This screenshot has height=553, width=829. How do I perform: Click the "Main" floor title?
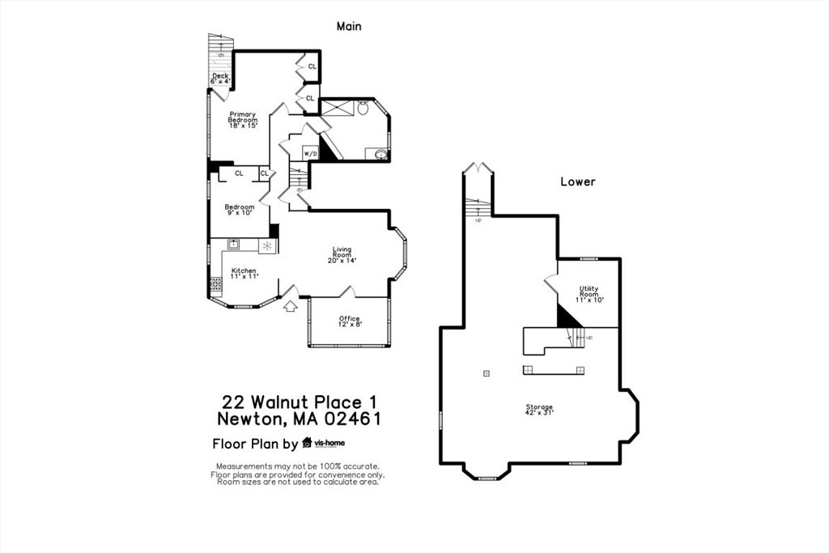[x=349, y=26]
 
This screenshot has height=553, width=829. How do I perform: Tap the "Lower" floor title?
[x=578, y=181]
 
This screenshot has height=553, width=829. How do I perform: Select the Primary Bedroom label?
[x=242, y=119]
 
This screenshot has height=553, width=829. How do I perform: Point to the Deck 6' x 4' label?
[x=220, y=79]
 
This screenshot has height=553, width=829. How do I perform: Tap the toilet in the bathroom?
[x=363, y=108]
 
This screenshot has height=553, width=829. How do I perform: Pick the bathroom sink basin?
[x=380, y=154]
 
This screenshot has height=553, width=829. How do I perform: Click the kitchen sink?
[x=233, y=244]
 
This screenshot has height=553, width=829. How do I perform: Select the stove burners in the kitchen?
[x=216, y=284]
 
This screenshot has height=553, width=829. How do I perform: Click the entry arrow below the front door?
[x=290, y=305]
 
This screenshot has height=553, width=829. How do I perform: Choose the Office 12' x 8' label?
[x=350, y=322]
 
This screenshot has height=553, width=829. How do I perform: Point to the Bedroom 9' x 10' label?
[x=240, y=210]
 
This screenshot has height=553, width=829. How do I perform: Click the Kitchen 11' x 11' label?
[x=244, y=274]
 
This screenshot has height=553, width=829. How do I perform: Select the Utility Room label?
[x=589, y=294]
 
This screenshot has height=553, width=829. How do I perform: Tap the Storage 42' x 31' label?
[x=539, y=409]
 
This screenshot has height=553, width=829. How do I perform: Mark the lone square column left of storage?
[x=486, y=372]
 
